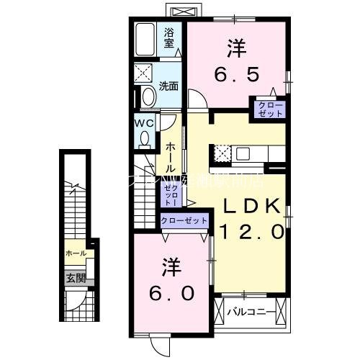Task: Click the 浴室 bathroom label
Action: (169, 37)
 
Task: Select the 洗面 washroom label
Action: (168, 86)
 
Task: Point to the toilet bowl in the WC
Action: (145, 137)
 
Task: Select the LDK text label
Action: (249, 206)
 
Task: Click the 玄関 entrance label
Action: (76, 278)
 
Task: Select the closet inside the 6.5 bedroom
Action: (266, 109)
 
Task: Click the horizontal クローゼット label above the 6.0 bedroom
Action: (184, 221)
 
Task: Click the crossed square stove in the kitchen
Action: (222, 153)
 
